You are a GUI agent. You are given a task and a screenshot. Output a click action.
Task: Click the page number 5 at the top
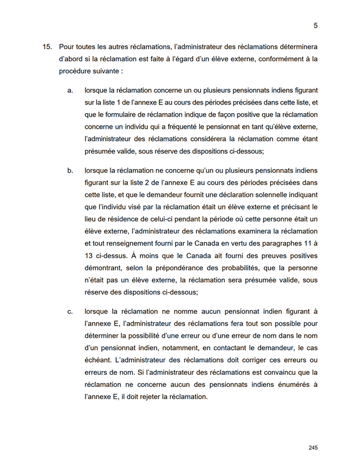click(316, 25)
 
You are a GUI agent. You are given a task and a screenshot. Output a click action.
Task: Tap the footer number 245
click(314, 448)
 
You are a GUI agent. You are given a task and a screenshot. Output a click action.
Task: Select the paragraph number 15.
click(48, 46)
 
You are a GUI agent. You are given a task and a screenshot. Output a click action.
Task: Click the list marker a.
click(70, 91)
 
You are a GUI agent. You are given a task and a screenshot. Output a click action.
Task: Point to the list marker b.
click(70, 171)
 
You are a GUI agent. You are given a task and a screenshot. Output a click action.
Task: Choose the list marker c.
click(70, 312)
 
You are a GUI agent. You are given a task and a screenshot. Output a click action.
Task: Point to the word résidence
click(124, 219)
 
